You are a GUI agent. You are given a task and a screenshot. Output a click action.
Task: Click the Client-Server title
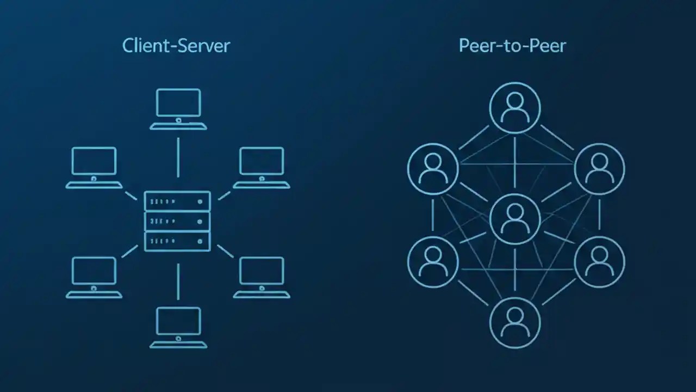[176, 45]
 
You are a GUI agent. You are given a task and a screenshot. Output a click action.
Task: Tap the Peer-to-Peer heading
[512, 45]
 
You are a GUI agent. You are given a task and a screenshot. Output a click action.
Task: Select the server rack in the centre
[177, 220]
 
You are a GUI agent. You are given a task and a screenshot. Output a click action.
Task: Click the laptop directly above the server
[178, 109]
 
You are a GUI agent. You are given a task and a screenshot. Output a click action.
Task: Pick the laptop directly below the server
[178, 327]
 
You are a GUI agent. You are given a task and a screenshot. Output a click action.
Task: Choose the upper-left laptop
[94, 167]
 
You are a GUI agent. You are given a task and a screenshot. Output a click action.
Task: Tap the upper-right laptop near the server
[262, 167]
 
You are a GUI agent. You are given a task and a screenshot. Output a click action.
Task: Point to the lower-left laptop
[94, 277]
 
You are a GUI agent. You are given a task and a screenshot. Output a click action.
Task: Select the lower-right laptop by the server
[262, 277]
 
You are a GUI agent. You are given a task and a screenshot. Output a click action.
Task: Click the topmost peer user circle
[515, 108]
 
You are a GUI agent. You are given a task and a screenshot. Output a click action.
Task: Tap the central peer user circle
[515, 219]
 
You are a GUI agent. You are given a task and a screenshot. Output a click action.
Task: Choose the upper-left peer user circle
[433, 169]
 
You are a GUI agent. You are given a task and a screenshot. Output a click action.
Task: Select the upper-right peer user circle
[599, 169]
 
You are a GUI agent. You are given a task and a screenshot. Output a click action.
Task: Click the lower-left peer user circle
[433, 262]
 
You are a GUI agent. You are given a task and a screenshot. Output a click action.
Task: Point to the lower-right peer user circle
[599, 262]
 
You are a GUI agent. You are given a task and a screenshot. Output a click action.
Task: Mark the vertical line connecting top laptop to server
[178, 157]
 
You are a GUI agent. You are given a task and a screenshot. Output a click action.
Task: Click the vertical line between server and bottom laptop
[178, 281]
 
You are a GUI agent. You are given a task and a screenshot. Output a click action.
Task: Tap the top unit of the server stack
[177, 201]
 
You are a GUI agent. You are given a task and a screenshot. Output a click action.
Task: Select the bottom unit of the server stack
[177, 241]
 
